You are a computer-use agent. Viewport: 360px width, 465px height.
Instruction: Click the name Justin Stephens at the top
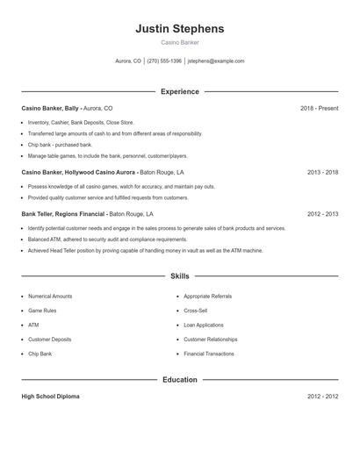click(179, 29)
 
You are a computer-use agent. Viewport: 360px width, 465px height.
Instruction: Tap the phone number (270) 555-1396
click(164, 61)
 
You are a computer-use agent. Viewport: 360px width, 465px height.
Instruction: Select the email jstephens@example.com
click(216, 61)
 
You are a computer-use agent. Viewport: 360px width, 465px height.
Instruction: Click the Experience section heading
click(180, 91)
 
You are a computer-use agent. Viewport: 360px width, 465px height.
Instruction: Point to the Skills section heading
click(180, 275)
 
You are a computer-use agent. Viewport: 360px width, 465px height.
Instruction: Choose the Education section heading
click(180, 380)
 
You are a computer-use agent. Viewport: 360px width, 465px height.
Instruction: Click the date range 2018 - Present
click(319, 108)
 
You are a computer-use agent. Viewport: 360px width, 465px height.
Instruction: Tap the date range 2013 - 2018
click(322, 173)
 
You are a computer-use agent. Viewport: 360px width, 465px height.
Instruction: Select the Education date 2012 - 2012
click(322, 397)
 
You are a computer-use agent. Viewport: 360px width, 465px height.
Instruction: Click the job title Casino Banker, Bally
click(51, 108)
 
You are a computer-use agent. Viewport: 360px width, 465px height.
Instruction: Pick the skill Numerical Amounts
click(50, 297)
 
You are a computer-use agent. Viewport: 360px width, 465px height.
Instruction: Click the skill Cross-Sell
click(196, 311)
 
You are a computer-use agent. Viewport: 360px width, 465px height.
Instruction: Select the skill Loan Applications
click(204, 325)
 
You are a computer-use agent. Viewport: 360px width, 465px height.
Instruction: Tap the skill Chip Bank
click(40, 354)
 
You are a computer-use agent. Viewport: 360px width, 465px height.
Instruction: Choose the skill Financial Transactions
click(209, 354)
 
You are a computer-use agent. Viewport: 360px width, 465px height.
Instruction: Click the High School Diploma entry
click(50, 397)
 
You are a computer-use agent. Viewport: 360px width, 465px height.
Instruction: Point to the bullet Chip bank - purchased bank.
click(60, 145)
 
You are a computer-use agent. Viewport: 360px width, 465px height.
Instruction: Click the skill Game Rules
click(43, 311)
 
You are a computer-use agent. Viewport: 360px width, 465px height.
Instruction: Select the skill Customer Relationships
click(211, 339)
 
